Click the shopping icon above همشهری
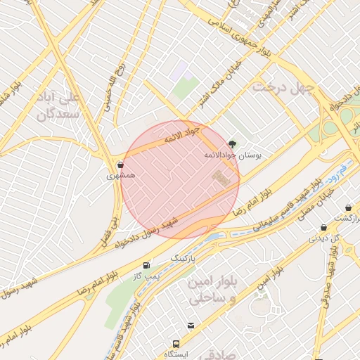pyautogui.click(x=121, y=165)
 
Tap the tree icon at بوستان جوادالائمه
pyautogui.click(x=233, y=143)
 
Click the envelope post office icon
pyautogui.click(x=191, y=325)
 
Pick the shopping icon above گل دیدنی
pyautogui.click(x=323, y=227)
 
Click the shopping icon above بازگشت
pyautogui.click(x=349, y=208)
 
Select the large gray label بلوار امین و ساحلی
pyautogui.click(x=207, y=290)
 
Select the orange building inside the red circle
pyautogui.click(x=221, y=179)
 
